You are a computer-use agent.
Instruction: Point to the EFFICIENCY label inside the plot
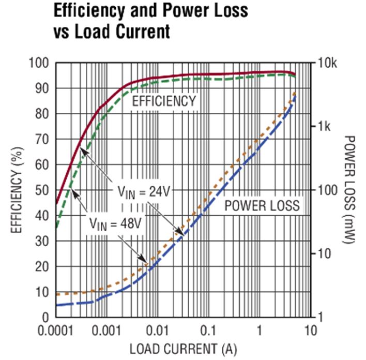point(164,100)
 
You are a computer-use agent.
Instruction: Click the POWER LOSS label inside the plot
point(262,205)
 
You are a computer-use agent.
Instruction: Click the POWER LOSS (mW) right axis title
point(350,189)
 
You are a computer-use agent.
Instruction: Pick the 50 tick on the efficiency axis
point(42,190)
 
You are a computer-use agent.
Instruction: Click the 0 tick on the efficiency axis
point(45,317)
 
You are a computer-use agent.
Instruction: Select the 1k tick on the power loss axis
point(324,127)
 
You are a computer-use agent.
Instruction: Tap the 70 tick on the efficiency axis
point(42,140)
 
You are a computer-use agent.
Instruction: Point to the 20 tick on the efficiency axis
point(42,266)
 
